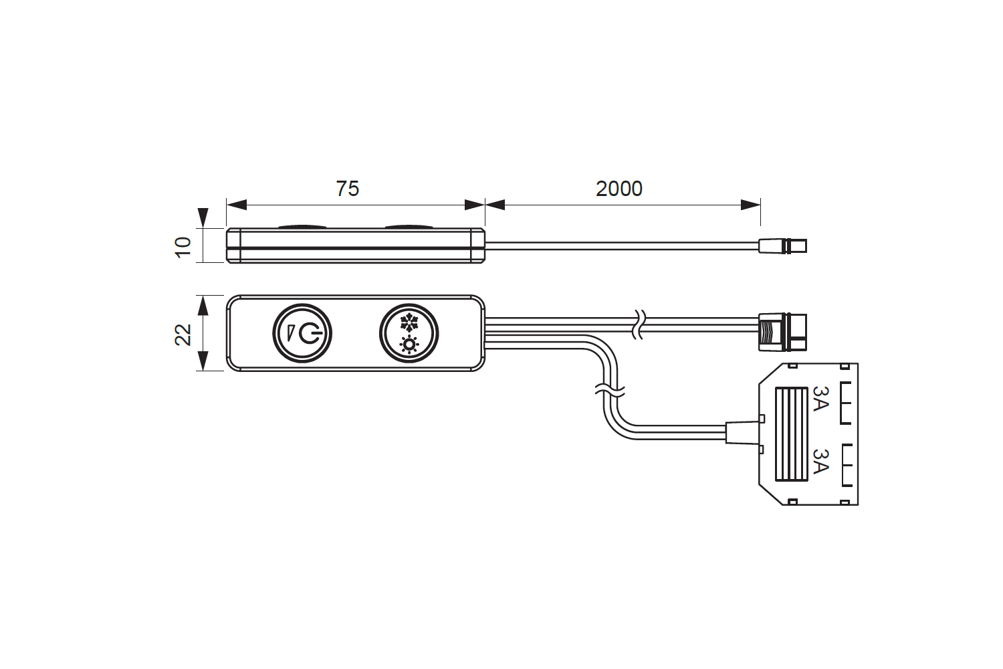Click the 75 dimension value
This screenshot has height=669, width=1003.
pyautogui.click(x=347, y=189)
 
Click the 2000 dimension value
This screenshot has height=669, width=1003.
pyautogui.click(x=619, y=189)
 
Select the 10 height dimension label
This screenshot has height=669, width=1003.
pyautogui.click(x=183, y=246)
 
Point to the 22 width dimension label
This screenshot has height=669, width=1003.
pyautogui.click(x=183, y=334)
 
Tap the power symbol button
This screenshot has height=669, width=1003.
pyautogui.click(x=302, y=333)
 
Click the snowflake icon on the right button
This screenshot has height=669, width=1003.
pyautogui.click(x=409, y=323)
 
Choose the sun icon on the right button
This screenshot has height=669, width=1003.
pyautogui.click(x=409, y=345)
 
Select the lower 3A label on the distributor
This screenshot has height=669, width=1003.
pyautogui.click(x=820, y=461)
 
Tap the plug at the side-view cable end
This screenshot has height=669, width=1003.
pyautogui.click(x=783, y=246)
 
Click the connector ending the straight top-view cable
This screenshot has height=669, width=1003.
pyautogui.click(x=782, y=332)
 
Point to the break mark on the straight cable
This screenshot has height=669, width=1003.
pyautogui.click(x=639, y=324)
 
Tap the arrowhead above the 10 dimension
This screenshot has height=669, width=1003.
pyautogui.click(x=203, y=218)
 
